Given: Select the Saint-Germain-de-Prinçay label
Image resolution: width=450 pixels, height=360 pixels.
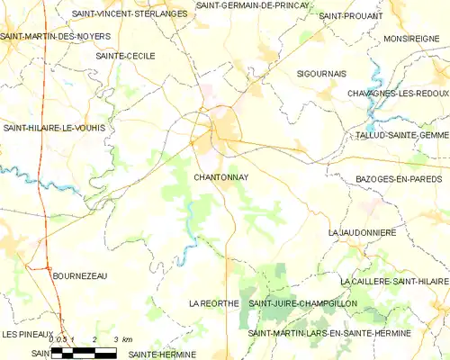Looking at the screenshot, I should point(253,5).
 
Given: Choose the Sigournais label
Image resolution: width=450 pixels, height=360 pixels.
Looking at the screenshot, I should point(321,73).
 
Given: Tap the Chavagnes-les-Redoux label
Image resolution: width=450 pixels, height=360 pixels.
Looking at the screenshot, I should point(398,94).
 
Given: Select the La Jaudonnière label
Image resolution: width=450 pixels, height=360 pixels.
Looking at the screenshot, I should point(363,232).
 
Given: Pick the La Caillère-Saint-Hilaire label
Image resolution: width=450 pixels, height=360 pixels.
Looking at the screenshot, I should point(394,282).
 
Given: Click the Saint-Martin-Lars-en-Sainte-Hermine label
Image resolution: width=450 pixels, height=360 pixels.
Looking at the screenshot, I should point(329,333).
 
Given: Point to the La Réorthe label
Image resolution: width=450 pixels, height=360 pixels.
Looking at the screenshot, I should point(213,304).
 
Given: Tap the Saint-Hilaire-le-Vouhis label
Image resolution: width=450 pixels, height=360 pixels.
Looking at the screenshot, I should point(54,128).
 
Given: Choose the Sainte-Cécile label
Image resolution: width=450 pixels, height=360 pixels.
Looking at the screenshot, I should point(125,56).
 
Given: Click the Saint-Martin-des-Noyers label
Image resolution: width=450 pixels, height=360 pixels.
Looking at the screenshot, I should point(55,36).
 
